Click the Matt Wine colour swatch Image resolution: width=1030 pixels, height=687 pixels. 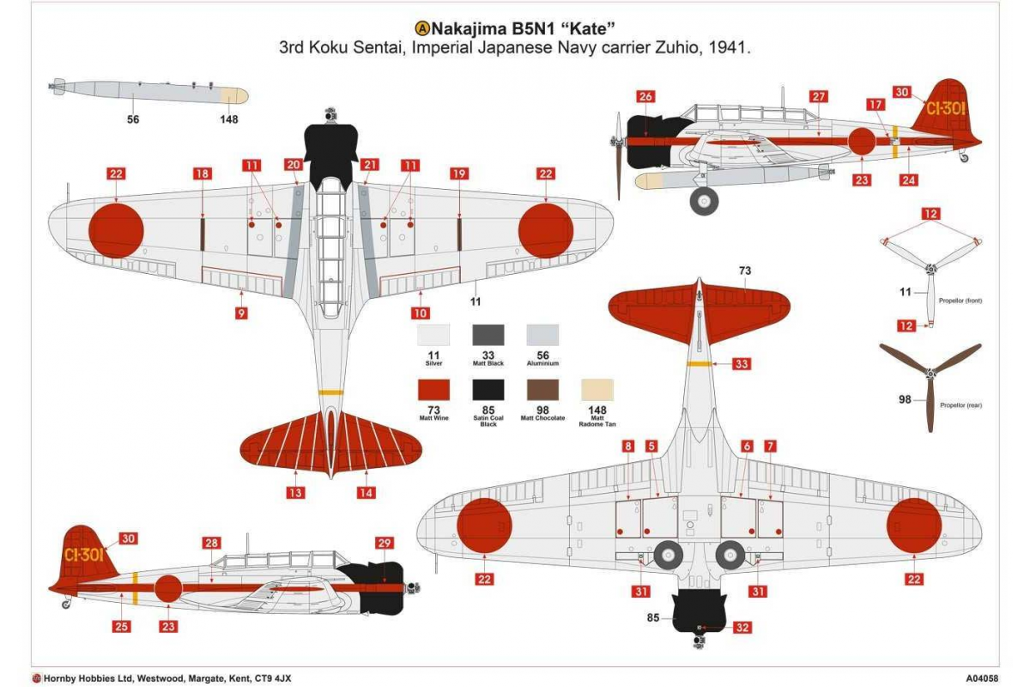tap(433, 390)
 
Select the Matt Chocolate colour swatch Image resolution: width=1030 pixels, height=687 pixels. tap(542, 390)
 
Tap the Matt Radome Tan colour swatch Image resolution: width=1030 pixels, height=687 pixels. tap(597, 390)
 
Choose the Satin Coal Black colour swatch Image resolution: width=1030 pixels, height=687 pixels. tap(488, 390)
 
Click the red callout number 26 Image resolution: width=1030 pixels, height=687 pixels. tap(645, 97)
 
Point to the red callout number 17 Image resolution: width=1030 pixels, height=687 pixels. tap(875, 105)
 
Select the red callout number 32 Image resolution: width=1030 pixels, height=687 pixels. tap(742, 628)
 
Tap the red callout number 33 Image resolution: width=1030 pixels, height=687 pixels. tap(742, 364)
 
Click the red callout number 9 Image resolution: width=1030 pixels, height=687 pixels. tap(241, 313)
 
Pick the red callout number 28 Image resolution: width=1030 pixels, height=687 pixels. tap(211, 543)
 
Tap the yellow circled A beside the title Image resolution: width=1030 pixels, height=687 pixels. tap(422, 29)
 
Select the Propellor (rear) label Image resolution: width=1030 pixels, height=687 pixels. tap(961, 405)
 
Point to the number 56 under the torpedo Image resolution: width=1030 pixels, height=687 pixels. tap(133, 119)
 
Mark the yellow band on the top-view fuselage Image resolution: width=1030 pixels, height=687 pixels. tap(330, 393)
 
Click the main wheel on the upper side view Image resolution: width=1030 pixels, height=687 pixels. tap(704, 201)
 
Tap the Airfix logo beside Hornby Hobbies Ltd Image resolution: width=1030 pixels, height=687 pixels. tap(37, 678)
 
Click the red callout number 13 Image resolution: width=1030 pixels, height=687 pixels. tap(295, 493)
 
